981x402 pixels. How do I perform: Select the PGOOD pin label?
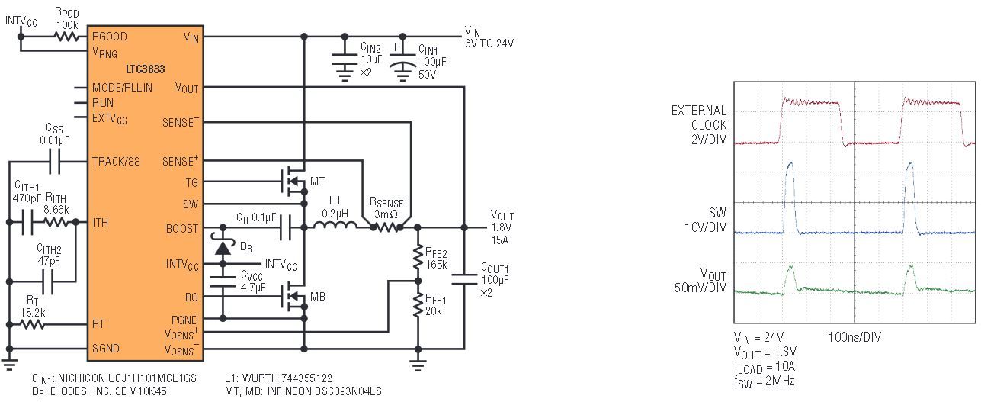(109, 36)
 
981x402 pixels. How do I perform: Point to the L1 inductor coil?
(336, 227)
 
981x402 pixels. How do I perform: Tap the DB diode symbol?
(223, 246)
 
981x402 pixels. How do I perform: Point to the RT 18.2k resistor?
(32, 323)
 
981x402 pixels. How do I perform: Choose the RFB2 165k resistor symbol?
(418, 257)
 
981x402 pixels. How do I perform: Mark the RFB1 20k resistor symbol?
(418, 307)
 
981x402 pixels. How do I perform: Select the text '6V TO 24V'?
(489, 43)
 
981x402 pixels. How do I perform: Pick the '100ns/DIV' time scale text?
(854, 336)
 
